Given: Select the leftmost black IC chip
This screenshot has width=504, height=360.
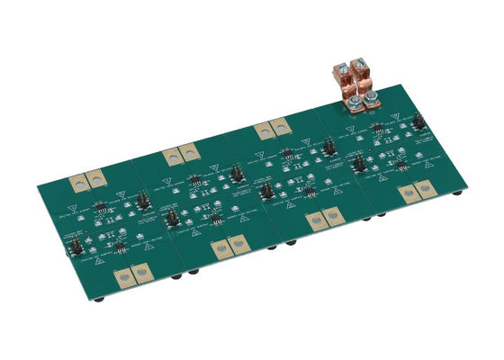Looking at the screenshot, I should pyautogui.click(x=101, y=212).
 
